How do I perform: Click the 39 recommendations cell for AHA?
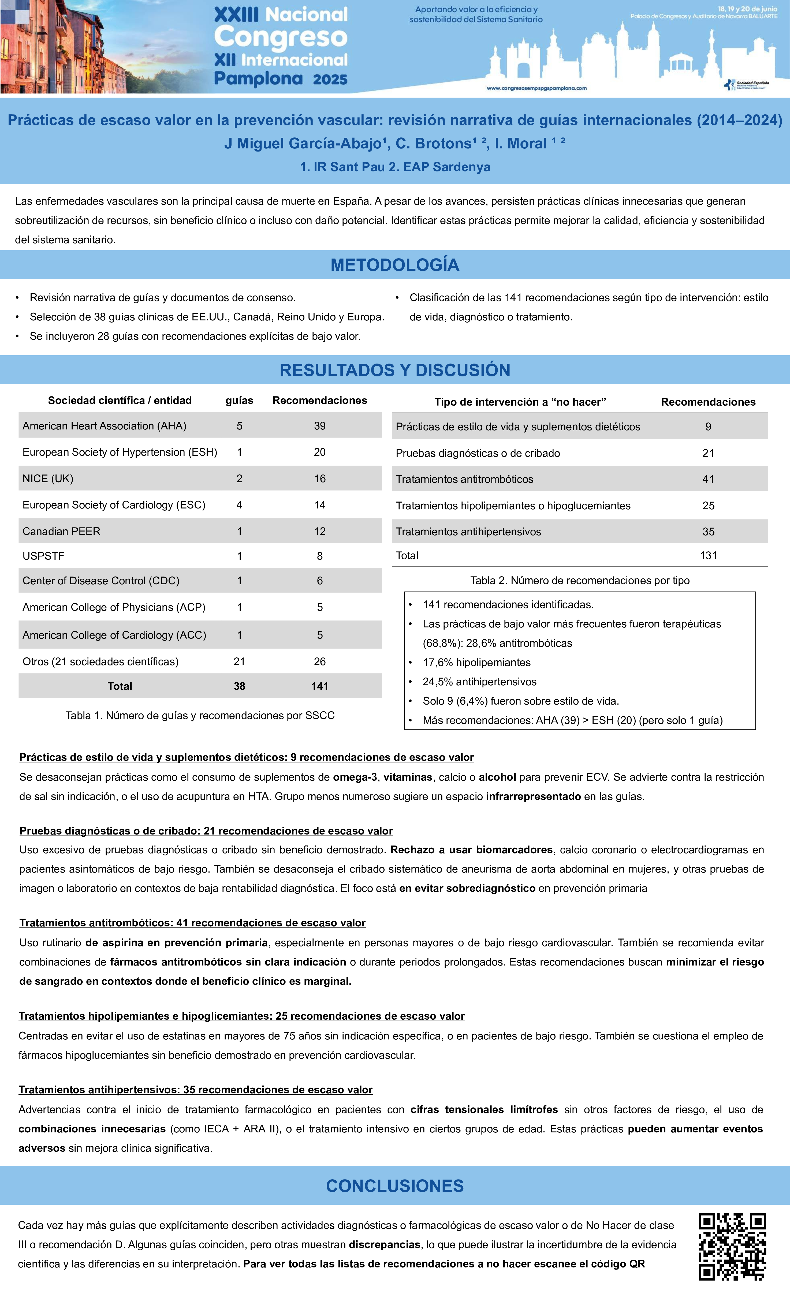(x=320, y=426)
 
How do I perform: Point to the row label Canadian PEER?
(x=61, y=531)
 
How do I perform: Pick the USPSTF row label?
(x=43, y=556)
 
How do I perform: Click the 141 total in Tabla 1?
(x=320, y=686)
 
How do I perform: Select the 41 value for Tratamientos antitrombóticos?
(x=708, y=479)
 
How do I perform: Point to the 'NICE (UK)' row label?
(x=48, y=478)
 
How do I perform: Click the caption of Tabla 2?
(x=580, y=581)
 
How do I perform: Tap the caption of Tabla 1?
(x=200, y=716)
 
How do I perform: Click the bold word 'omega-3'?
(x=355, y=777)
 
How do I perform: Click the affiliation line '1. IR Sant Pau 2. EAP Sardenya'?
(x=395, y=167)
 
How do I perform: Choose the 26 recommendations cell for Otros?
(x=320, y=662)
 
